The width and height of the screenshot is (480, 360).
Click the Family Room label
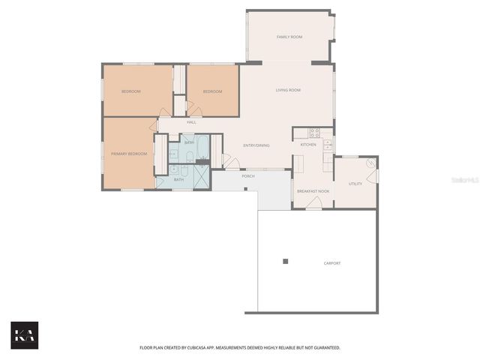pos(289,37)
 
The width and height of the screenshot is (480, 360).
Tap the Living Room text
pos(288,90)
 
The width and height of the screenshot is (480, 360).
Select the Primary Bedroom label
pos(128,154)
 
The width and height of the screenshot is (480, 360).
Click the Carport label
pos(331,263)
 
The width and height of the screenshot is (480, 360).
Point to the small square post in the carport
pos(285,261)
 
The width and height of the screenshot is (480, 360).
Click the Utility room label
pos(355,184)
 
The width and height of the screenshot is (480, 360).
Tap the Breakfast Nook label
pos(313,192)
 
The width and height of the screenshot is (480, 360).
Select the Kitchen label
pos(308,144)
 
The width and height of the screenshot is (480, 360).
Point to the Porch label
pos(247,176)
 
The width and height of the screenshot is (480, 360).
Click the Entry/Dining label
pos(256,145)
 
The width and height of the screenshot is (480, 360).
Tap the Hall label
pos(191,122)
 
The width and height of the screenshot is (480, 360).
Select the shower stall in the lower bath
pos(202,177)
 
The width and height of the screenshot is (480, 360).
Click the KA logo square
pos(24,335)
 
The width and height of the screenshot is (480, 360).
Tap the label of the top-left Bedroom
pos(131,91)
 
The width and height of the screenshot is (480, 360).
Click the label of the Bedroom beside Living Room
pos(212,91)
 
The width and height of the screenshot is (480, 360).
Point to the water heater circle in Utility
pos(370,163)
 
